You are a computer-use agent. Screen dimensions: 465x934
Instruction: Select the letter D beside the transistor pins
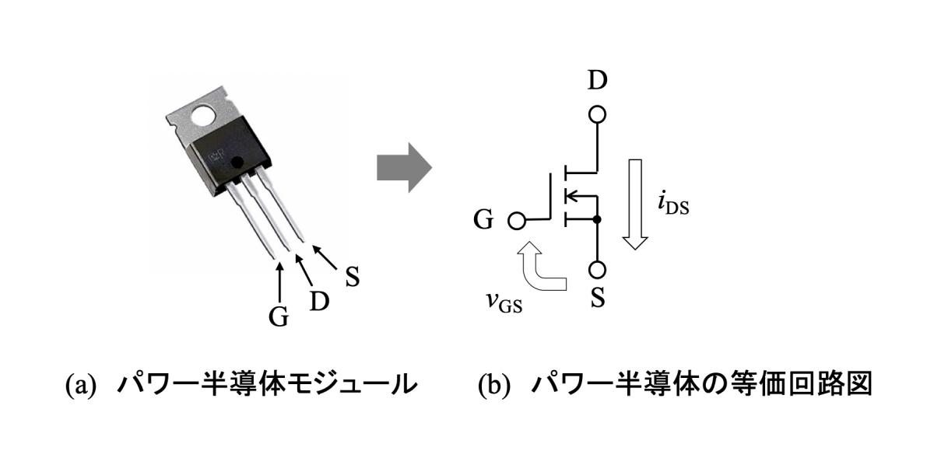(x=318, y=300)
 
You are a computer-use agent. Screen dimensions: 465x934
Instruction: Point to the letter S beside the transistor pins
(x=353, y=277)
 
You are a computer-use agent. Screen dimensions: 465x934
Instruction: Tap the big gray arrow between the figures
(x=403, y=167)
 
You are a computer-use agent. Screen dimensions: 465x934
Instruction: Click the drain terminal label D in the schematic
(x=599, y=82)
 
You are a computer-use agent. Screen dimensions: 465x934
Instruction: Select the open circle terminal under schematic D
(x=598, y=115)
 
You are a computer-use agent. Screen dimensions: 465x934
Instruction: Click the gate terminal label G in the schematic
(x=483, y=220)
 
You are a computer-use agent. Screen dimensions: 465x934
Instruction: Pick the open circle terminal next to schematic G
(x=515, y=221)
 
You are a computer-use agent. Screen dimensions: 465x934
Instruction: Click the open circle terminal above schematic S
(x=598, y=271)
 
